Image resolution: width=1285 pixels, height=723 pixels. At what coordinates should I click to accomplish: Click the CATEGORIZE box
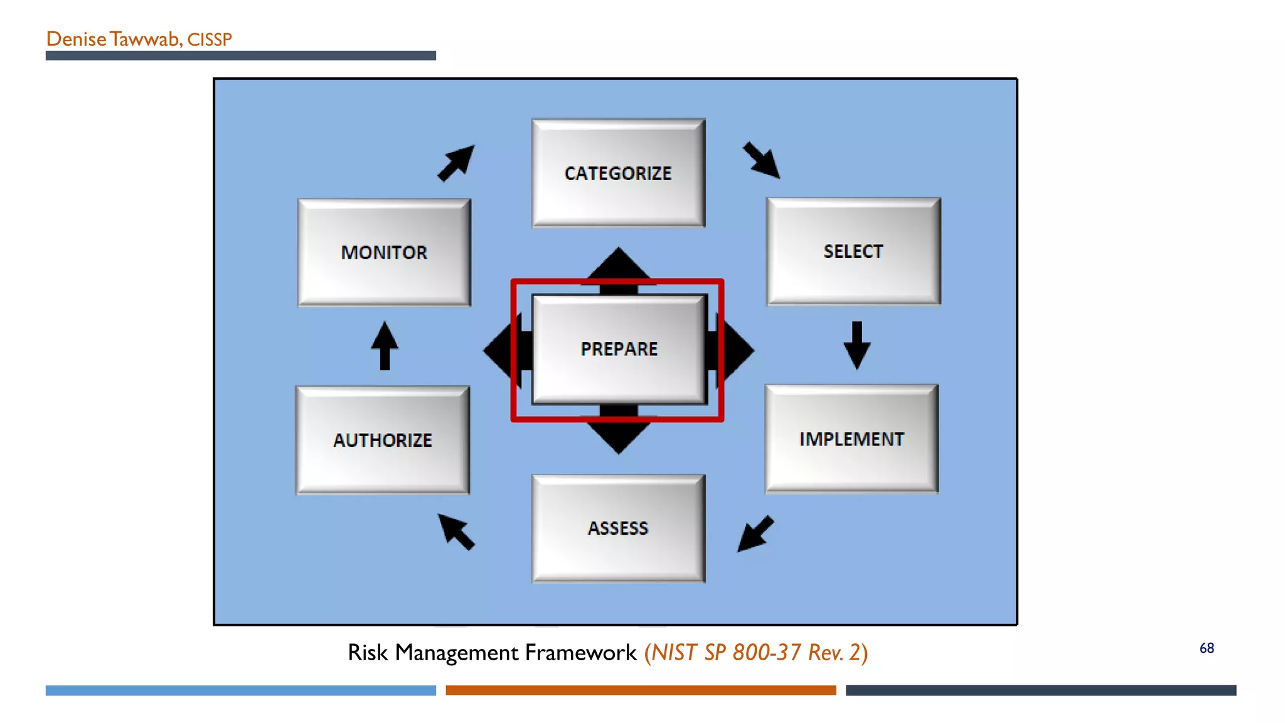pyautogui.click(x=618, y=173)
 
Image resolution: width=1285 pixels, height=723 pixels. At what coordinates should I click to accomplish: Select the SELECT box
pyautogui.click(x=853, y=252)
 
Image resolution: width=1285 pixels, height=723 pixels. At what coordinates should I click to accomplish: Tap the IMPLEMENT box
pyautogui.click(x=851, y=439)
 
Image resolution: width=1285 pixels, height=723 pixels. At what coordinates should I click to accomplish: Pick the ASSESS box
pyautogui.click(x=618, y=528)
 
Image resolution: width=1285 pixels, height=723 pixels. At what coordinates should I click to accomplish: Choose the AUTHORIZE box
pyautogui.click(x=383, y=441)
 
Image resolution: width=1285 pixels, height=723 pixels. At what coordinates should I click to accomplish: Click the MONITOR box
pyautogui.click(x=384, y=252)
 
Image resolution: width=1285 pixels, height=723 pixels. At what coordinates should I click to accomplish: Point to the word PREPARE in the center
pyautogui.click(x=619, y=349)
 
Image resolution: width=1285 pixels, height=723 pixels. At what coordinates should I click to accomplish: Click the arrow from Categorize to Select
pyautogui.click(x=762, y=161)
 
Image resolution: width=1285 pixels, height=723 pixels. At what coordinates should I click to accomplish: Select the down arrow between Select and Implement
pyautogui.click(x=856, y=346)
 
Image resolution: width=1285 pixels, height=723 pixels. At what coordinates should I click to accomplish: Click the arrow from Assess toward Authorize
pyautogui.click(x=456, y=532)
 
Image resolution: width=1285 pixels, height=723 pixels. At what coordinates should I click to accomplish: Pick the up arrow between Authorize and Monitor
pyautogui.click(x=385, y=346)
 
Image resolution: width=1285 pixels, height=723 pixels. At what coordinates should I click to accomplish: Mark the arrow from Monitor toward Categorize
pyautogui.click(x=456, y=163)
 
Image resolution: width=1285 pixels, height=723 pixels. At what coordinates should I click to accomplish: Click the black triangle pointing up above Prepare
pyautogui.click(x=619, y=264)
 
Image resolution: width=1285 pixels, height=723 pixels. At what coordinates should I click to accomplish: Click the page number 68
pyautogui.click(x=1207, y=648)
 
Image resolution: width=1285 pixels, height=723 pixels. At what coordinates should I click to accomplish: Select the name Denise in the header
pyautogui.click(x=77, y=39)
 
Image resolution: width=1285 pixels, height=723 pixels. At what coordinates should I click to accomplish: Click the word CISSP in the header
pyautogui.click(x=210, y=40)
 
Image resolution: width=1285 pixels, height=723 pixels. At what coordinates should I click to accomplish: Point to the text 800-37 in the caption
pyautogui.click(x=767, y=653)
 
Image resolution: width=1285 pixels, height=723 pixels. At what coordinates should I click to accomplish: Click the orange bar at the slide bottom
pyautogui.click(x=641, y=690)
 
